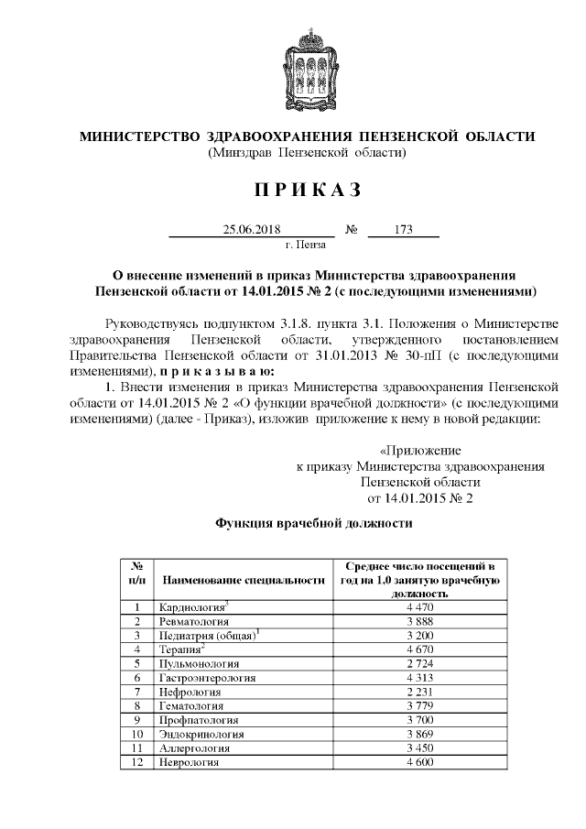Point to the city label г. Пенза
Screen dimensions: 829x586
(307, 245)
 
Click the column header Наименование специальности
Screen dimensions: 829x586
(244, 581)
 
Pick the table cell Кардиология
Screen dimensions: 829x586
(192, 606)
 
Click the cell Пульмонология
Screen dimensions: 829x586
(199, 662)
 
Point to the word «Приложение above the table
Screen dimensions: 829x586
(420, 451)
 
